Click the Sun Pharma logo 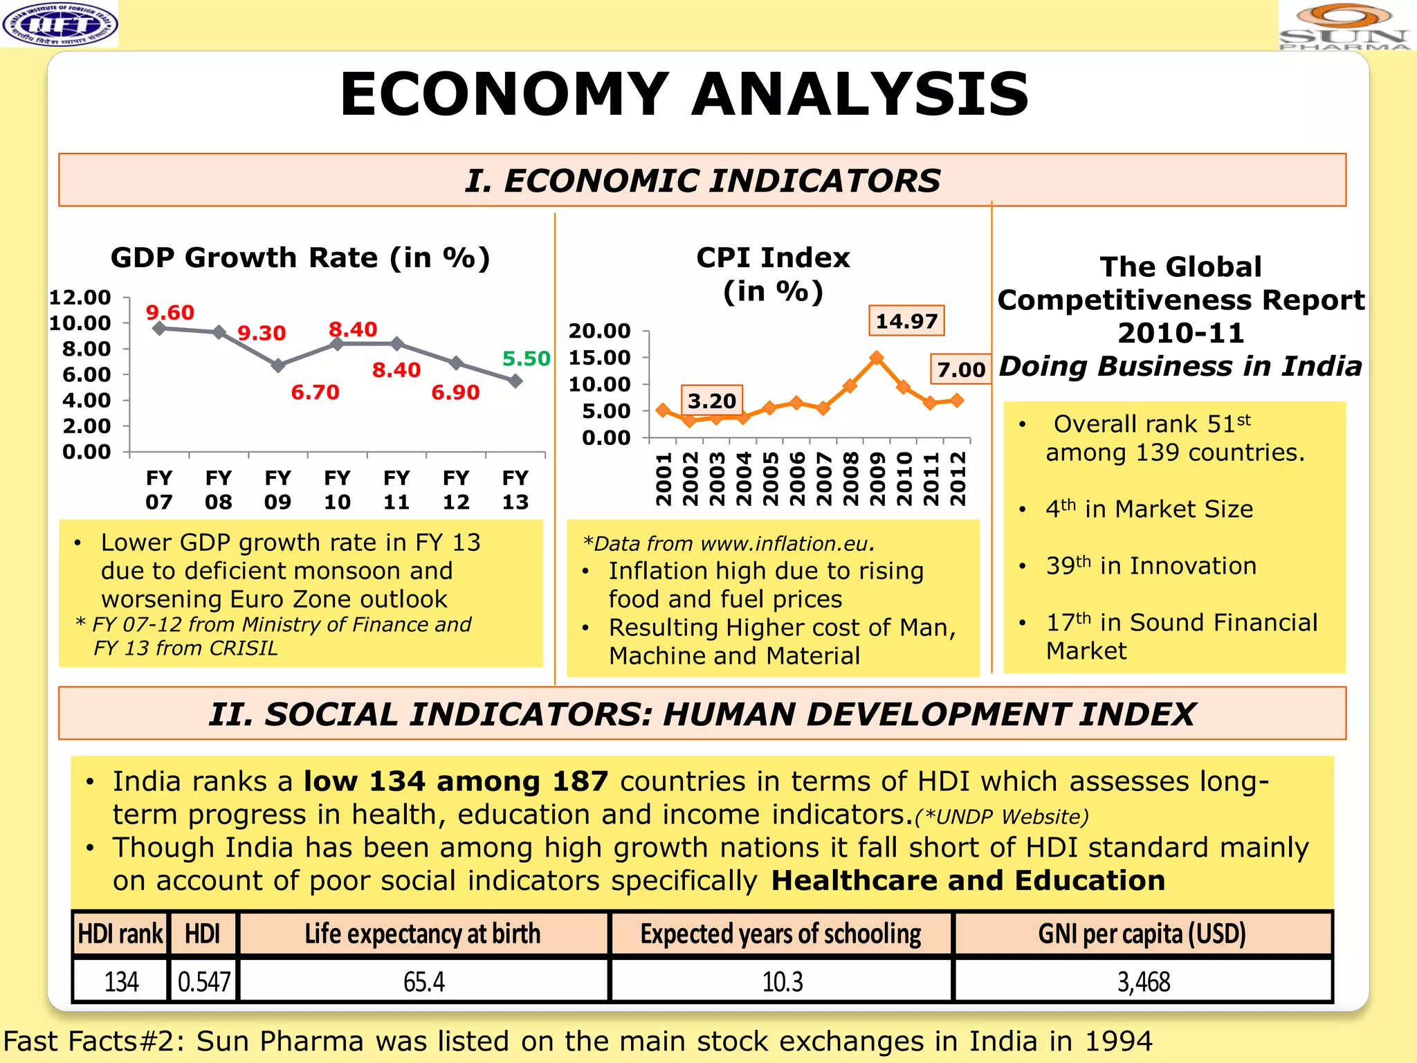1344,26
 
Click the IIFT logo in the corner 60,24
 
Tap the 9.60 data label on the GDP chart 170,312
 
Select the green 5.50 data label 526,358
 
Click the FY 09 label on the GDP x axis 277,489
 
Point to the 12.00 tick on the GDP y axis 80,298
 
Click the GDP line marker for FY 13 515,381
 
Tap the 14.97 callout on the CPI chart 906,321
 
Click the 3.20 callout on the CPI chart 712,401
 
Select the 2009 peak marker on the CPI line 877,358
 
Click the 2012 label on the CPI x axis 958,479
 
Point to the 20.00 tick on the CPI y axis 600,331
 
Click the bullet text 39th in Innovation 1151,566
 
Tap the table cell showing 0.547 203,981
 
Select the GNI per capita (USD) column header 1142,934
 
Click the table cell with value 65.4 423,981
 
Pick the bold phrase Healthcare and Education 968,880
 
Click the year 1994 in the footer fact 1118,1041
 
